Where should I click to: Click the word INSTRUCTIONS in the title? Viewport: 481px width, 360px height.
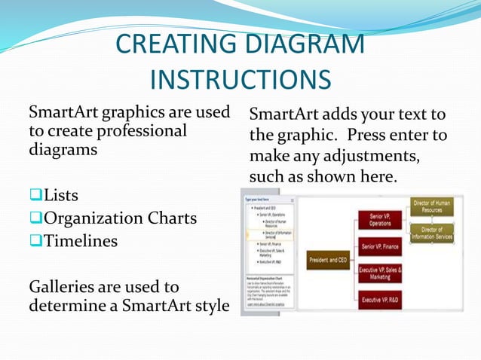tap(240, 78)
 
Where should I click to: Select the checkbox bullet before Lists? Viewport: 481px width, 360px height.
tap(35, 196)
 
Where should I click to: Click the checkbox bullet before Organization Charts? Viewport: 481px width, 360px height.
tap(35, 218)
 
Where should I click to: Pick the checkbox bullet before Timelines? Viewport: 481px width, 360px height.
tap(35, 241)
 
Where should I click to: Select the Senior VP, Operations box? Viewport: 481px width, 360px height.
tap(380, 219)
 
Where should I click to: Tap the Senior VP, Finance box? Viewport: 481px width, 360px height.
tap(380, 246)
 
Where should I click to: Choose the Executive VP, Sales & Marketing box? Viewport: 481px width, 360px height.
tap(380, 273)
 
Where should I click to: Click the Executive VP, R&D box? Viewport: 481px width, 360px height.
tap(380, 300)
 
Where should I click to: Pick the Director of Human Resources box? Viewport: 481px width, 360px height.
tap(432, 206)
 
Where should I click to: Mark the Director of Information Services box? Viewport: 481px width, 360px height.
tap(432, 233)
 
